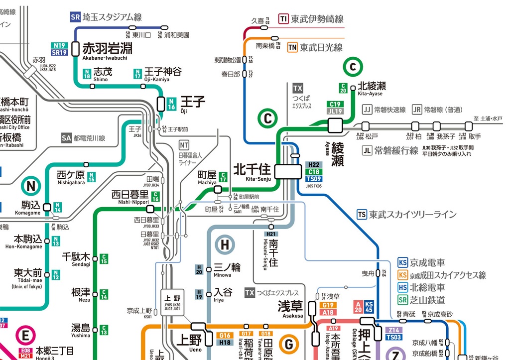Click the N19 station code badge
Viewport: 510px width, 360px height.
point(59,45)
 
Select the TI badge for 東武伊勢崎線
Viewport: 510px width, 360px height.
point(284,19)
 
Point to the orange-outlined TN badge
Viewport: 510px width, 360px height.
point(292,48)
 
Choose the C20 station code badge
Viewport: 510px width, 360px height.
point(343,88)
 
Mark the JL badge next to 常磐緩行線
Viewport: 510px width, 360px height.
point(368,150)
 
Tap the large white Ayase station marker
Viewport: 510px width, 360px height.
point(336,125)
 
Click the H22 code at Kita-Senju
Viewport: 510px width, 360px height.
point(314,165)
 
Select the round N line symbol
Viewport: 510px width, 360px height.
point(31,186)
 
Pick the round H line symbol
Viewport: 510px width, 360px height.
point(225,244)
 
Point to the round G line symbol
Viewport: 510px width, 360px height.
point(288,344)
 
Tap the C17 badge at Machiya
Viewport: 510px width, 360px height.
point(223,176)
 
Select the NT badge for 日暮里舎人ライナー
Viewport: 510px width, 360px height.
point(184,145)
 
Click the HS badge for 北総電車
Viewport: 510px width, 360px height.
point(403,287)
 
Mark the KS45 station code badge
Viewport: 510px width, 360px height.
point(369,307)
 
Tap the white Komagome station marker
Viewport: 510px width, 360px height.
point(47,207)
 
